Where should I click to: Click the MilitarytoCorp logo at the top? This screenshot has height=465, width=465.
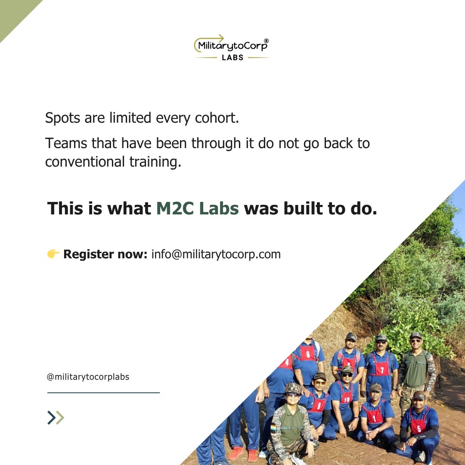coord(232,45)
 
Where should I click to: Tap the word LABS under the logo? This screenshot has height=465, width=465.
coord(232,57)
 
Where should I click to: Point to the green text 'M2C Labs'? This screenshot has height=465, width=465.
coord(197,208)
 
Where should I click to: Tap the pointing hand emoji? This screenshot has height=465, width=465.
coord(53,254)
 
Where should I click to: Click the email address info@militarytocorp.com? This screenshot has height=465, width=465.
coord(216,254)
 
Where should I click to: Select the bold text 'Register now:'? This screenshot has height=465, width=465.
coord(105,254)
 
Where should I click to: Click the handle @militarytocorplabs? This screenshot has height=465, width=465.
coord(88,377)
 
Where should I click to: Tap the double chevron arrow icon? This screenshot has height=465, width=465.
coord(56,418)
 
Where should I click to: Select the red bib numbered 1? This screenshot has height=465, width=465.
coord(374,416)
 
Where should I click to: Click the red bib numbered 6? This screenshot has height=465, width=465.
coord(307,353)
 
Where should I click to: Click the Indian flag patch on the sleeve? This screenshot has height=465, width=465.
coord(273,428)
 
